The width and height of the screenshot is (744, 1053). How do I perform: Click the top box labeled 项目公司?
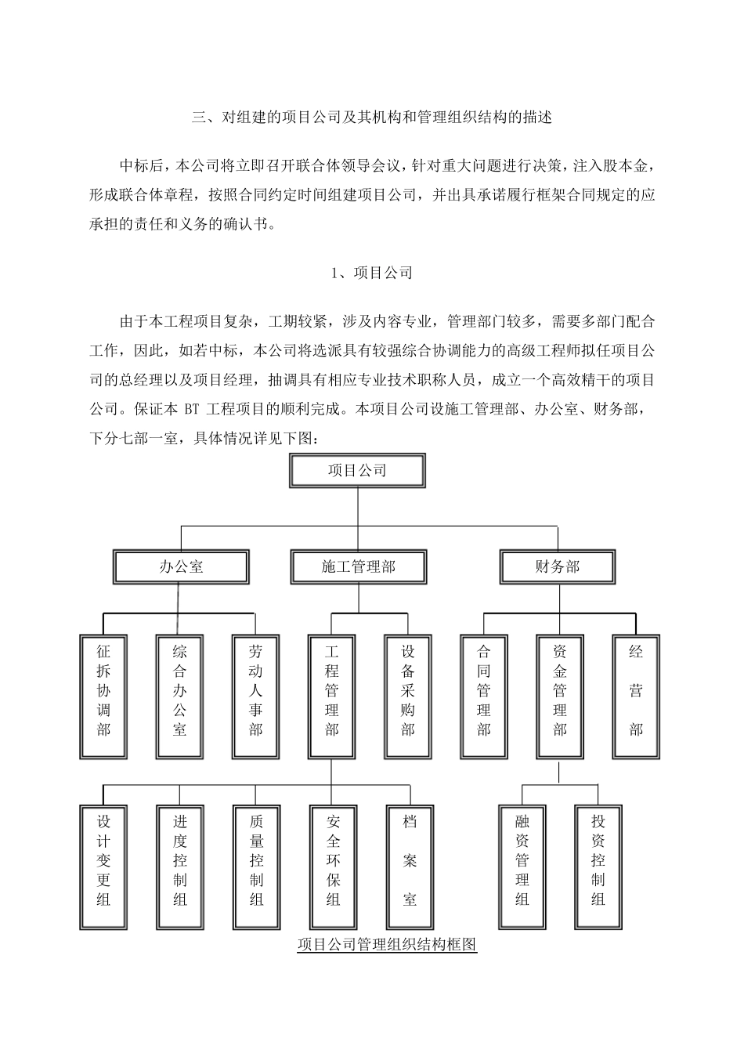coord(358,471)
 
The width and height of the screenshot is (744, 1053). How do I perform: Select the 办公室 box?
coord(181,566)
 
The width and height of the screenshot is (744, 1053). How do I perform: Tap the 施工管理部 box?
coord(358,566)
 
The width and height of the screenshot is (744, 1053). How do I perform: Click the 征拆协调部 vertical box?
coord(103,696)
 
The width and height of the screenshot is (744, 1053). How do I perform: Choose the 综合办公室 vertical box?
coord(179,696)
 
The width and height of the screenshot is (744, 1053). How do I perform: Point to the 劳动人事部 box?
coord(255,696)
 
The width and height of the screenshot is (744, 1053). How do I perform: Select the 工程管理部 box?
coord(331,696)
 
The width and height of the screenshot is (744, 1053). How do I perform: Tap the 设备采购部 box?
coord(408,696)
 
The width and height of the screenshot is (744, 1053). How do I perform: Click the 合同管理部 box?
coord(484,696)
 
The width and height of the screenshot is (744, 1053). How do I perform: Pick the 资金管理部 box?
coord(560,696)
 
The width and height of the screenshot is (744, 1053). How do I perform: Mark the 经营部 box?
coord(636,696)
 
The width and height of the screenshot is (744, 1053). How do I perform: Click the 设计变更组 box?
coord(103,866)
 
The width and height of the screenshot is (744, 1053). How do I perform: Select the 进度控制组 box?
coord(179,866)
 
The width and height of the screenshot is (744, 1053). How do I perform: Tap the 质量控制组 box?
coord(255,866)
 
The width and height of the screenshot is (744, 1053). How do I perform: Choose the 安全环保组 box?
coord(333,866)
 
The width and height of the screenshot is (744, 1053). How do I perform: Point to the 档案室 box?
coord(410,866)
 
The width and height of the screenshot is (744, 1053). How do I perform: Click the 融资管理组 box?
coord(522,866)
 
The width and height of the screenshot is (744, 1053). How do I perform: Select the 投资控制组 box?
coord(598,866)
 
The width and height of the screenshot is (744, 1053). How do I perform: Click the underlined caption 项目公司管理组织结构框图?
coord(388,945)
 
